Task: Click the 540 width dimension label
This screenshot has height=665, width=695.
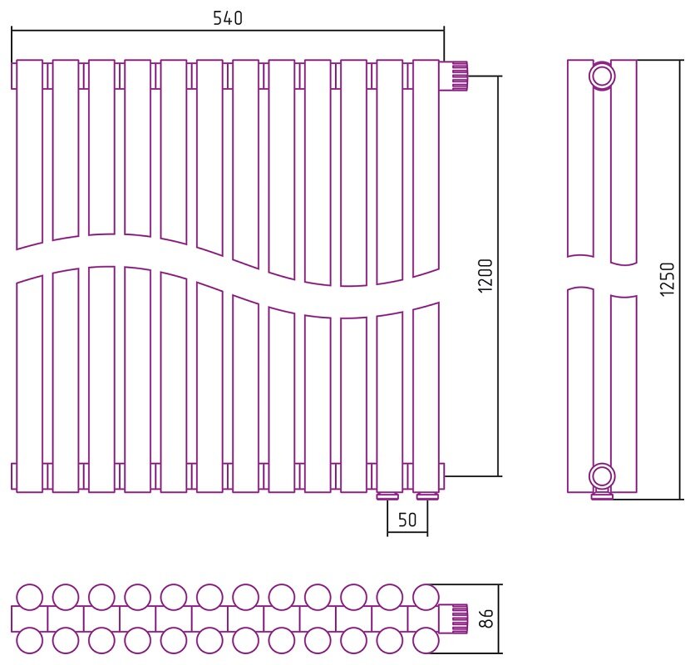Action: click(228, 18)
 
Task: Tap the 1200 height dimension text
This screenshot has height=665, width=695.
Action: click(486, 275)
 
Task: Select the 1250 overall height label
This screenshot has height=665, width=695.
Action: click(667, 278)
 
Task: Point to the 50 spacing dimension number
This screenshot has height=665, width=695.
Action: click(407, 520)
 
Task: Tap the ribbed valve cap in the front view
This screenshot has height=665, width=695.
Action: click(459, 76)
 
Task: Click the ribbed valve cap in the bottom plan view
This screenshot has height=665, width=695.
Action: click(459, 618)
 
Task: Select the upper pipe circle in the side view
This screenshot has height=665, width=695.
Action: click(602, 76)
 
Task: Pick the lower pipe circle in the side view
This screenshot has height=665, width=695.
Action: click(602, 476)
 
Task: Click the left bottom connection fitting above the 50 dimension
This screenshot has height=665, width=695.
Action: click(387, 496)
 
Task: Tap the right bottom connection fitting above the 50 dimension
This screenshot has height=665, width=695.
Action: click(428, 496)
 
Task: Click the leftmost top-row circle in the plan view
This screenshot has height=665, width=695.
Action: click(30, 597)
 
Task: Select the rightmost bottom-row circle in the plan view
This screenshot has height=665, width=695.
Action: click(426, 640)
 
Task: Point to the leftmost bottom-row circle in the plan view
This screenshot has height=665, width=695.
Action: click(30, 640)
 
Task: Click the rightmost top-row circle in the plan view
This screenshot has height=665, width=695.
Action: click(426, 597)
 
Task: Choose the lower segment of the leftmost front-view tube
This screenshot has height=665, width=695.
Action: click(30, 383)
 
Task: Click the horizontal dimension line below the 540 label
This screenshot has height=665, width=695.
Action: click(228, 30)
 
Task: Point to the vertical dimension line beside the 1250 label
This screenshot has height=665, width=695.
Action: click(680, 280)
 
